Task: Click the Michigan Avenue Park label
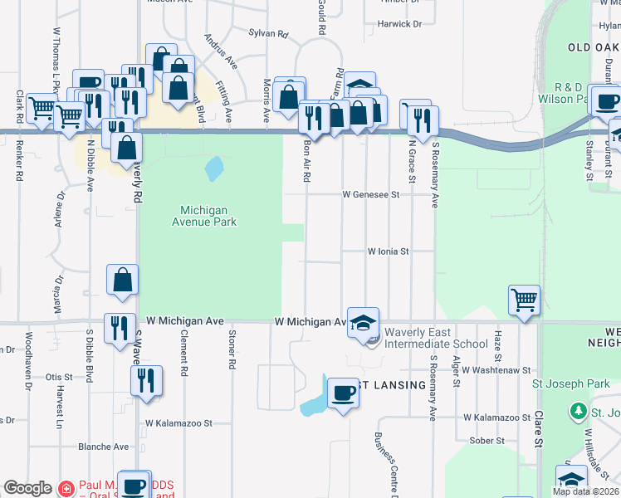203,217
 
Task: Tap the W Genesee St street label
372,194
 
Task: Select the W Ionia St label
389,251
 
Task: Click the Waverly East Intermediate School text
436,338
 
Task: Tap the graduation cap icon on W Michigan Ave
362,322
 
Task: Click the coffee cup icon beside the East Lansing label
343,393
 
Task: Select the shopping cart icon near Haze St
525,300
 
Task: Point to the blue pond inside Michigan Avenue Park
213,169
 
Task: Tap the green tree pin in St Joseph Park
578,411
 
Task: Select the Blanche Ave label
103,447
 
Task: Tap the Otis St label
59,377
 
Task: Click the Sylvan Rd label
267,34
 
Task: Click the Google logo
28,488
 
